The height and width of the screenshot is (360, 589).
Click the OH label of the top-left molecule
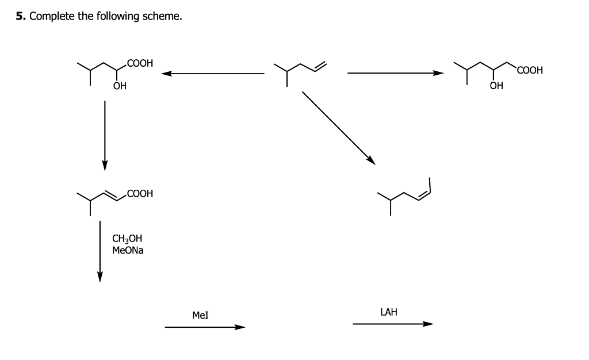tap(119, 87)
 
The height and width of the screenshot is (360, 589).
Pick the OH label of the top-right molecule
tap(496, 87)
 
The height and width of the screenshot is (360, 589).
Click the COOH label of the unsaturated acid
tap(140, 194)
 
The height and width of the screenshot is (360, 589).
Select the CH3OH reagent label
tap(127, 239)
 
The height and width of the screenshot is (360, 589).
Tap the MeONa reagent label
tap(128, 251)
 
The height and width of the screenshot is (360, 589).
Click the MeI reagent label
tap(200, 315)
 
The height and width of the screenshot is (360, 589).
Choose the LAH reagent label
tap(389, 312)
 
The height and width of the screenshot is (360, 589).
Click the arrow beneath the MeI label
tap(205, 327)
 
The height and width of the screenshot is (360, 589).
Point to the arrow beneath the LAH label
tap(393, 324)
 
